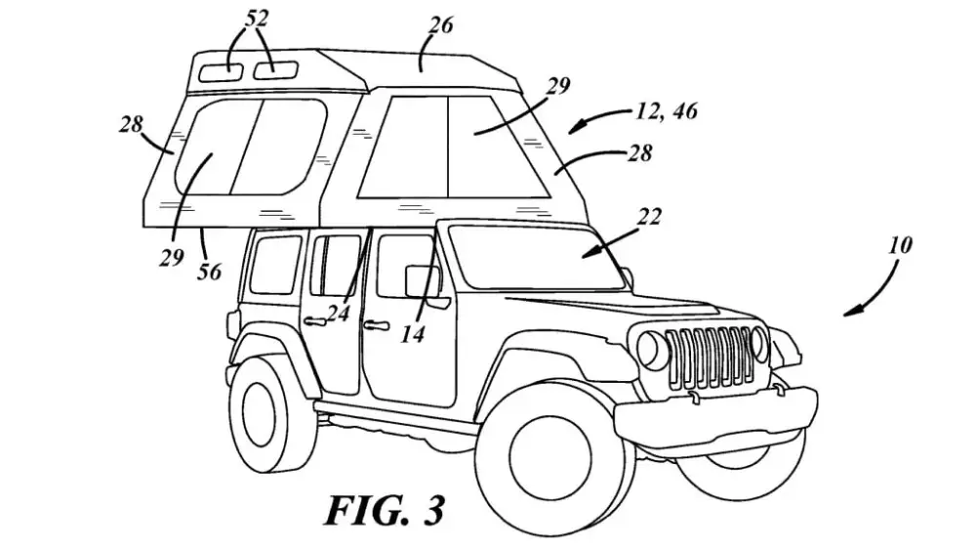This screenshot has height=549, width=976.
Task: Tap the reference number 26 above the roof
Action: (440, 25)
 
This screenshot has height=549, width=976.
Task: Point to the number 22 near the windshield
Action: (649, 218)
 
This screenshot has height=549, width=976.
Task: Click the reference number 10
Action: (901, 244)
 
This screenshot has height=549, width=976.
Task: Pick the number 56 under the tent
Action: (209, 273)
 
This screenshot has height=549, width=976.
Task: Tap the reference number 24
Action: (338, 314)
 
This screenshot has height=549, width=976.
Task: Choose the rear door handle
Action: (313, 320)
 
